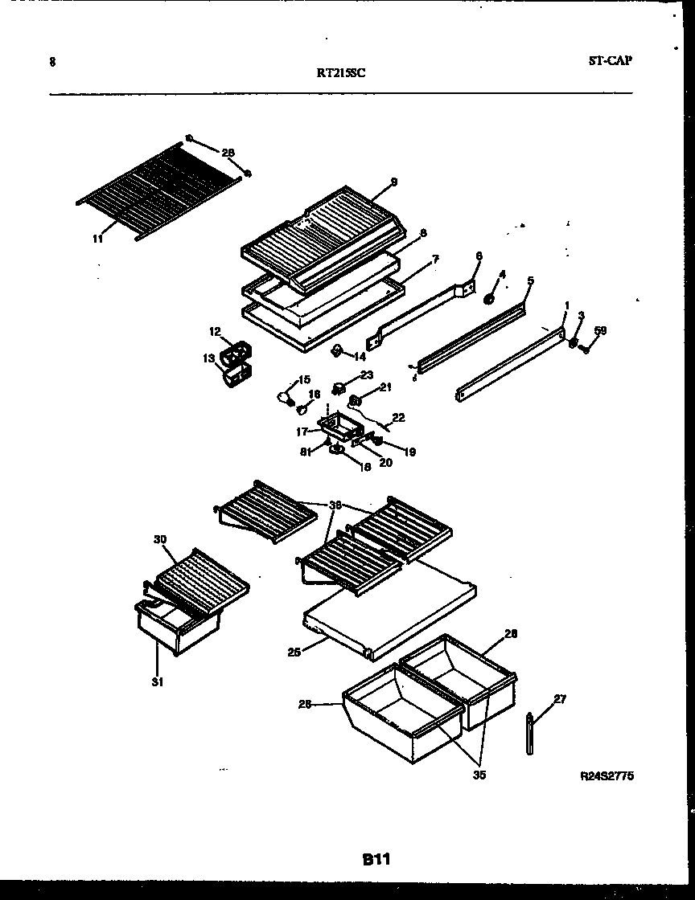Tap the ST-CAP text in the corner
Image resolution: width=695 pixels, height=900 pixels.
pyautogui.click(x=609, y=59)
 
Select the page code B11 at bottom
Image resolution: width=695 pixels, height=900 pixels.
pyautogui.click(x=375, y=859)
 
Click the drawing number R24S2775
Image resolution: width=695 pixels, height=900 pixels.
pyautogui.click(x=606, y=776)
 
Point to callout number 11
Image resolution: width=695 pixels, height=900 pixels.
pyautogui.click(x=97, y=239)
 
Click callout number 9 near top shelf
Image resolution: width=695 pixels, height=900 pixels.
pyautogui.click(x=394, y=182)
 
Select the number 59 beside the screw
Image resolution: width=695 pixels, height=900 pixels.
pyautogui.click(x=600, y=330)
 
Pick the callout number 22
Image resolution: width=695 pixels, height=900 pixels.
pyautogui.click(x=398, y=418)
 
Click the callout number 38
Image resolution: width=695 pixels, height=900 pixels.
pyautogui.click(x=335, y=506)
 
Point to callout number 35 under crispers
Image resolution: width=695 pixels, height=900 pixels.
pyautogui.click(x=480, y=775)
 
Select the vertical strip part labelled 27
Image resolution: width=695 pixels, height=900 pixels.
pyautogui.click(x=530, y=734)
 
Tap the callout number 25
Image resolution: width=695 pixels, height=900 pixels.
pyautogui.click(x=294, y=652)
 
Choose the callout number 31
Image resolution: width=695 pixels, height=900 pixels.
pyautogui.click(x=158, y=683)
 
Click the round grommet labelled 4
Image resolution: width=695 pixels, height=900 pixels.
pyautogui.click(x=488, y=299)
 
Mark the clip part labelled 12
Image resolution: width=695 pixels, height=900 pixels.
pyautogui.click(x=239, y=352)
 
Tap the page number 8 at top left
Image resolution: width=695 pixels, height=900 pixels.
pyautogui.click(x=52, y=61)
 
